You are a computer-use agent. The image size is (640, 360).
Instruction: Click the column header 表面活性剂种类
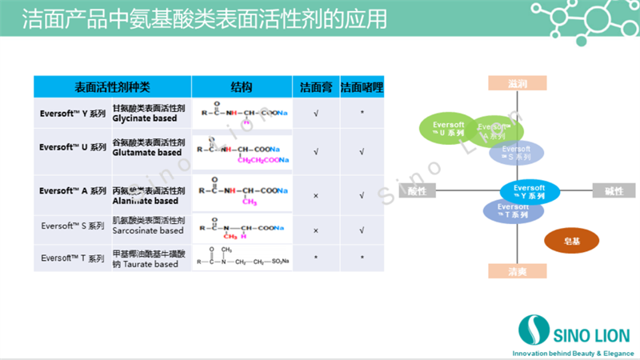point(112,86)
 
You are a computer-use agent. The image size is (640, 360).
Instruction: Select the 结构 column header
point(242,86)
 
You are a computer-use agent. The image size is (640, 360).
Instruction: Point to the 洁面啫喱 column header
point(362,86)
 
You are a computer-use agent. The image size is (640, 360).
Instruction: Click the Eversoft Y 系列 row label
point(73,114)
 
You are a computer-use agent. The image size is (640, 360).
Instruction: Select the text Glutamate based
point(147,153)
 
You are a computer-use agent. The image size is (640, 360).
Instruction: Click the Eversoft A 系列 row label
point(73,191)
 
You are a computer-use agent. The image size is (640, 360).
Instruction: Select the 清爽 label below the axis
point(518,270)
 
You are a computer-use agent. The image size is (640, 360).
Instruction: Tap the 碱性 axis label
point(613,190)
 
